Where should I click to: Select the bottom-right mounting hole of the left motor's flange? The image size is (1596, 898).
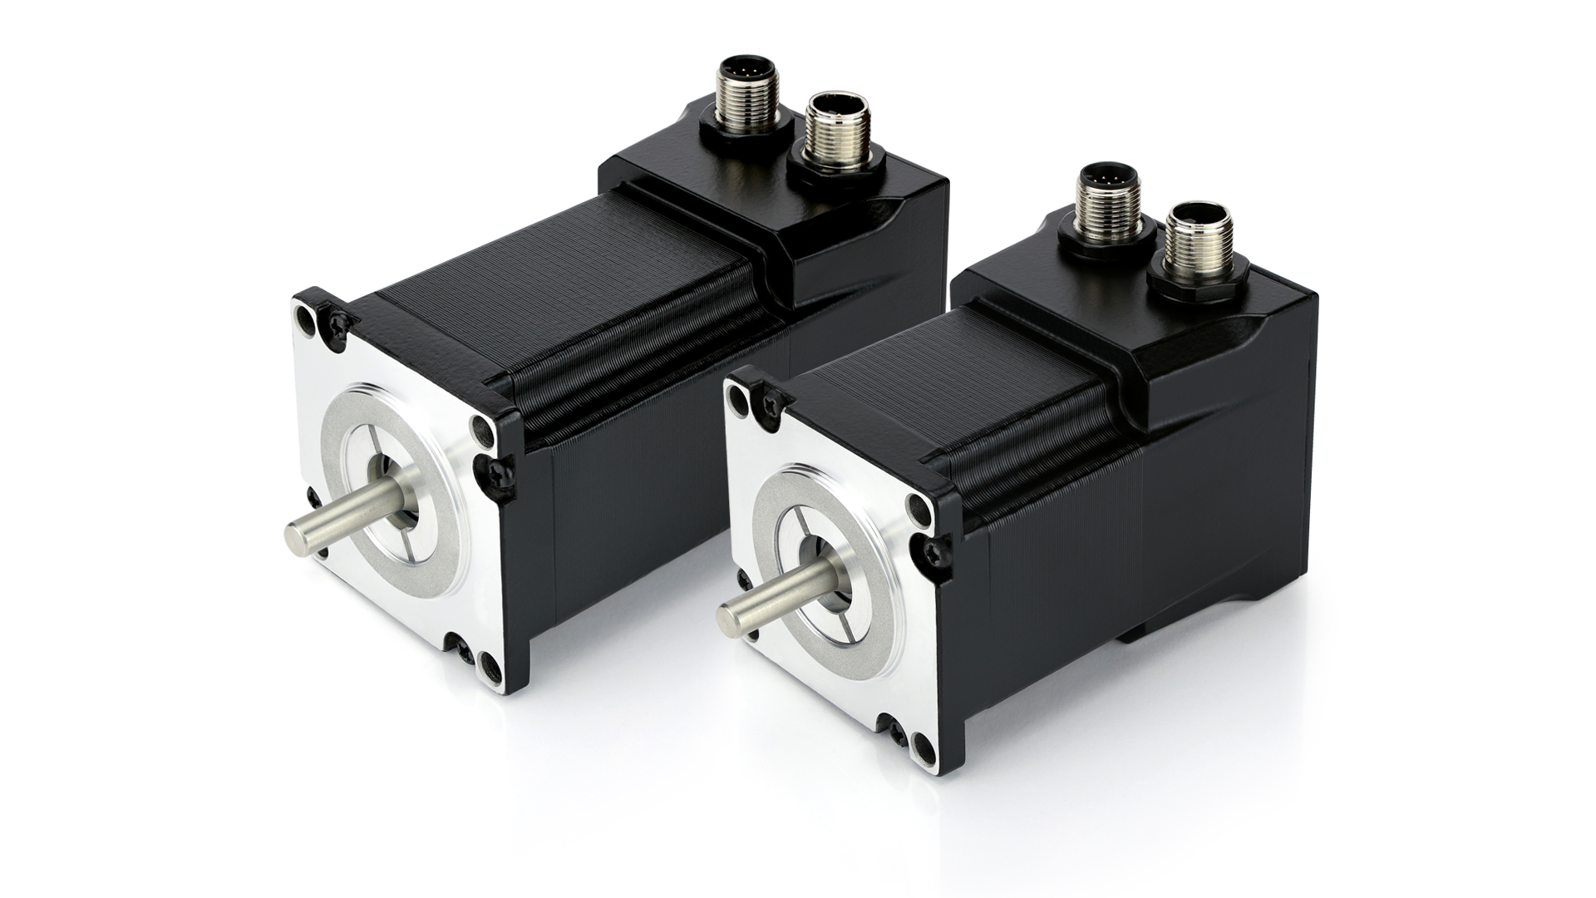coord(489,663)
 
